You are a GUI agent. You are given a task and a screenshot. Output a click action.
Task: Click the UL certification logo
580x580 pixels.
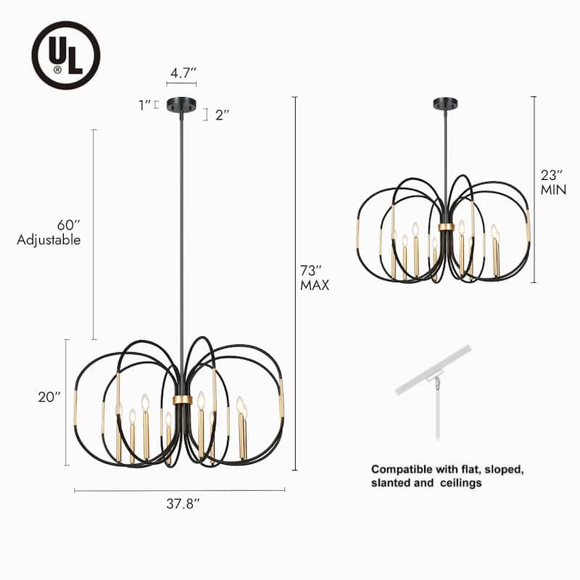coord(65,54)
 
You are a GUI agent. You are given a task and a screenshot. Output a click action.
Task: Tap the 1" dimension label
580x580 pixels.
coord(144,105)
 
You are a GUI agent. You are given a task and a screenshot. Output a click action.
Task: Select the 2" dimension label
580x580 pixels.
coord(223,115)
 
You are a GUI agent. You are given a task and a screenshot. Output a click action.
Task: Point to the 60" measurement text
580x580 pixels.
coord(69,225)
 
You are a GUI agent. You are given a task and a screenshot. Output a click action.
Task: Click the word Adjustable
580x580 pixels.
coord(49,240)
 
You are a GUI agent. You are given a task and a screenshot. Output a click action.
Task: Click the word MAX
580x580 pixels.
coord(314,286)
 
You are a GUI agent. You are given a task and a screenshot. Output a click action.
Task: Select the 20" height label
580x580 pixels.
coord(49,397)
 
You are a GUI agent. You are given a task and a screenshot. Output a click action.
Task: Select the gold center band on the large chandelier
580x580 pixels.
coord(182,399)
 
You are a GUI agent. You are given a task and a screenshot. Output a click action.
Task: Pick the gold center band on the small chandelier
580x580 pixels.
coord(446,227)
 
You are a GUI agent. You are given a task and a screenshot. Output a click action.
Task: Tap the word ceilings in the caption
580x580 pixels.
coord(460,483)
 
